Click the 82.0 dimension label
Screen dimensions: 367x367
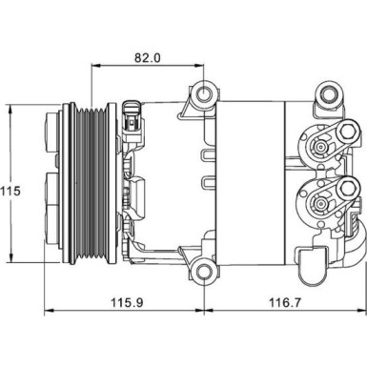(x=148, y=58)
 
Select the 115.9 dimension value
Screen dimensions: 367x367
(x=127, y=302)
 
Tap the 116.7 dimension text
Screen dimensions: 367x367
(x=285, y=302)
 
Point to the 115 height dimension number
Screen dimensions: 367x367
(x=10, y=192)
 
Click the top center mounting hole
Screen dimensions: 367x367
(x=204, y=93)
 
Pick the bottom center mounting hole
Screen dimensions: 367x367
(x=204, y=271)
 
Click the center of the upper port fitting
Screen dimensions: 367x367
(x=319, y=147)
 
